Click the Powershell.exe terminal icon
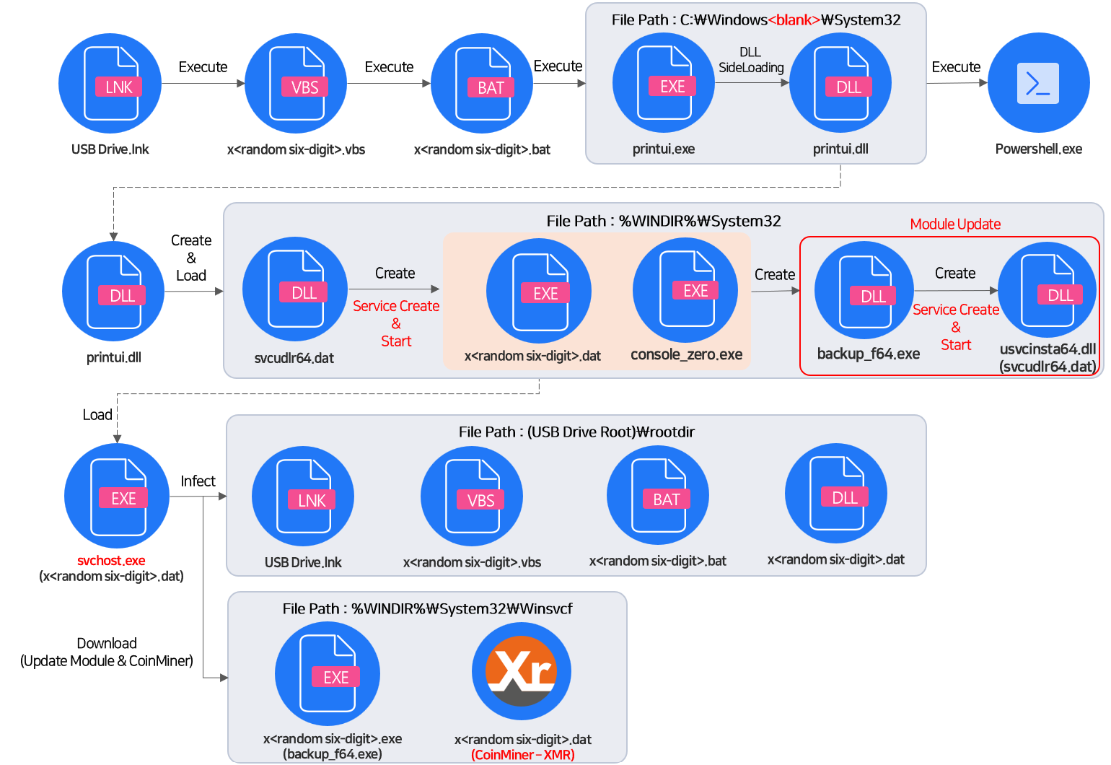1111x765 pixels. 1037,83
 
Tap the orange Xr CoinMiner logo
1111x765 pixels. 521,672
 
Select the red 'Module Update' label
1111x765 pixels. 955,224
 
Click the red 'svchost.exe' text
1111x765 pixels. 111,560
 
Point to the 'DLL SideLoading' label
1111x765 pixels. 751,60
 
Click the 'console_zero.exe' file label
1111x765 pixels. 686,354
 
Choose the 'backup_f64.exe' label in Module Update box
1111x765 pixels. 868,354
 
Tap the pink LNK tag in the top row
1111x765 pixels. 119,87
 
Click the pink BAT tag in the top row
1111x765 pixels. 491,87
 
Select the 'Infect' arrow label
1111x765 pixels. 198,481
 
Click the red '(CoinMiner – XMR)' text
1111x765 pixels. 523,755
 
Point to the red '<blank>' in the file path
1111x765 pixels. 794,20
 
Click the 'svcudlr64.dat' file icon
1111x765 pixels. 295,289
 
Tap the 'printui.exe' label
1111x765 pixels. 664,149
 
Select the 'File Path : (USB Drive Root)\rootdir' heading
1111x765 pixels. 576,432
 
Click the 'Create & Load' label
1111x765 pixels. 191,258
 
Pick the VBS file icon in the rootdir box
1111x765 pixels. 472,497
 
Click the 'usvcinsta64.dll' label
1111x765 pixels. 1048,349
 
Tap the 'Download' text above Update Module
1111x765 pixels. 107,643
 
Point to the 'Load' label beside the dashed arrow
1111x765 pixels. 97,414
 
